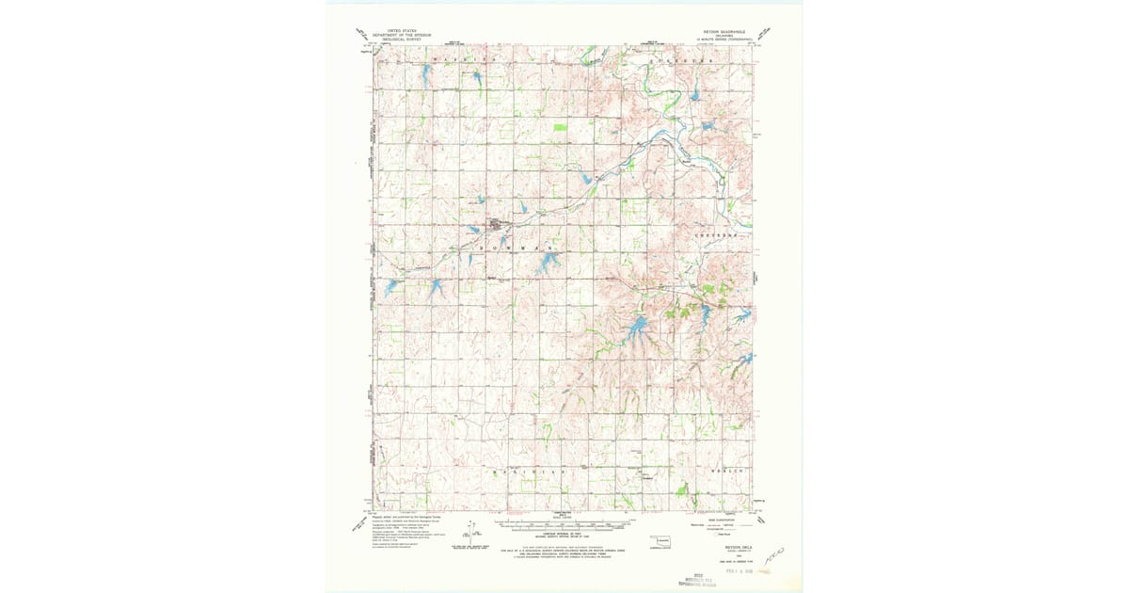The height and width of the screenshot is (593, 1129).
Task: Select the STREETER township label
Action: click(676, 59)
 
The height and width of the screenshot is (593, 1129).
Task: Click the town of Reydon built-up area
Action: click(496, 226)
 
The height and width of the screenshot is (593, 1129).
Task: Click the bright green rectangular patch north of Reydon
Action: click(560, 126)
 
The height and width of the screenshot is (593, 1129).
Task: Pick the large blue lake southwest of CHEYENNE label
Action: click(637, 327)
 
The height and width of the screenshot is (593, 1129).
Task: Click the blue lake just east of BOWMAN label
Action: click(547, 264)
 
